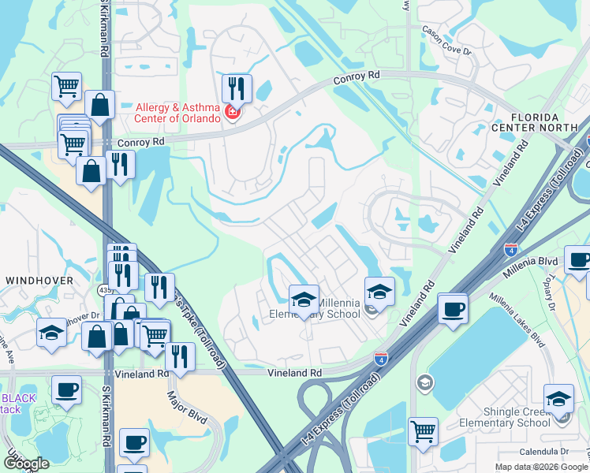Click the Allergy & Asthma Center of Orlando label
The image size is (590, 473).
click(181, 114)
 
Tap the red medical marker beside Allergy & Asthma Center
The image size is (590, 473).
click(232, 113)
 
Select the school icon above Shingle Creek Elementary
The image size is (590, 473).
click(558, 398)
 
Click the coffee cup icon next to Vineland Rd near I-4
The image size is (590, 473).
click(453, 308)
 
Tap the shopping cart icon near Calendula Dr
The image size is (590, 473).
click(423, 432)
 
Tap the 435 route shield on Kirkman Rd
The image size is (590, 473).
click(105, 291)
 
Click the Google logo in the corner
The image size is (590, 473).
click(26, 464)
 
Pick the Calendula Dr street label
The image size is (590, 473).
click(543, 452)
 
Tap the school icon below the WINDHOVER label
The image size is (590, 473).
click(51, 333)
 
